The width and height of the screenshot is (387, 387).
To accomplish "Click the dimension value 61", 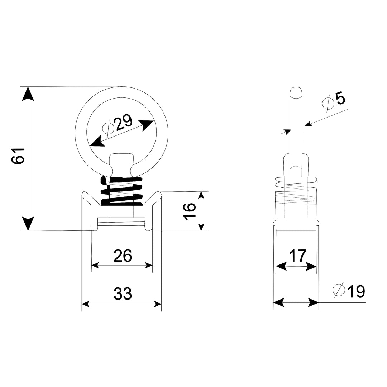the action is coord(18,156).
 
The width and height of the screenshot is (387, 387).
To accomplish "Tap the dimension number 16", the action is coord(190,211).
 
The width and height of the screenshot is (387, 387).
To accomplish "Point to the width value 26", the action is coord(123,256).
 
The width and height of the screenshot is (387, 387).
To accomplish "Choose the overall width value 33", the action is coord(123,294).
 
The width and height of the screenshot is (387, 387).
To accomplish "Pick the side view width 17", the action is coord(298,256).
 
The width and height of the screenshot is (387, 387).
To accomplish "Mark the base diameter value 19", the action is coord(355,291).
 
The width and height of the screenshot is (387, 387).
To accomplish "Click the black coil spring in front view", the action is coord(121,191).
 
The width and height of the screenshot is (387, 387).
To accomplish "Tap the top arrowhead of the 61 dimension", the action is coord(28,94).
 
